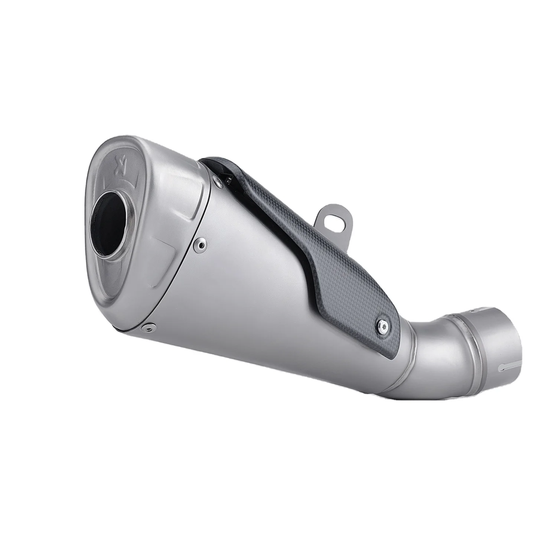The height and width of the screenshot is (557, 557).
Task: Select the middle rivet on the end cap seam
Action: tap(201, 244)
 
